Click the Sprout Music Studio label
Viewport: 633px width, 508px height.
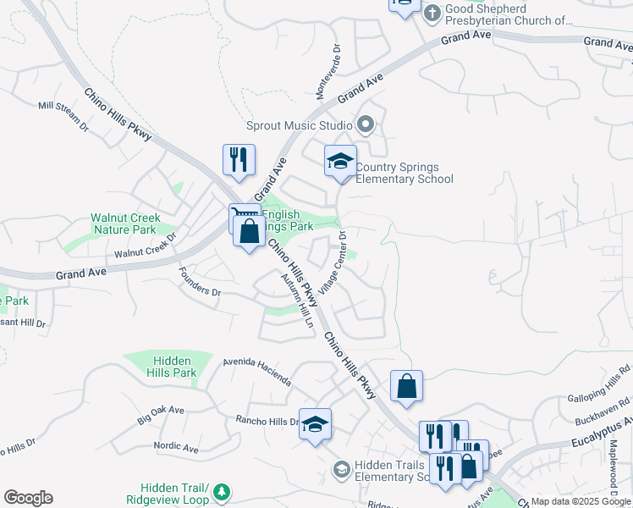[299, 125]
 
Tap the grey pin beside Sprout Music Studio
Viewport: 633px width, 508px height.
[366, 125]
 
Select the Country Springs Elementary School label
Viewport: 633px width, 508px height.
[404, 173]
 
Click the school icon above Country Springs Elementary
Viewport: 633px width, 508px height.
[340, 161]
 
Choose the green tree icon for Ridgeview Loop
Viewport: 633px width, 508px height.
[222, 492]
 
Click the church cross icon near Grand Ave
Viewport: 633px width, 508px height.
[431, 13]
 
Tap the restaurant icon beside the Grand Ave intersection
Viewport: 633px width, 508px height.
[239, 158]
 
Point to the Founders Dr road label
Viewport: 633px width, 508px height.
[200, 282]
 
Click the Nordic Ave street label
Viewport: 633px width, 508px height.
[175, 445]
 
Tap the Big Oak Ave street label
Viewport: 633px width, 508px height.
[160, 414]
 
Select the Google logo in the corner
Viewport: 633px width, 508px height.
[28, 498]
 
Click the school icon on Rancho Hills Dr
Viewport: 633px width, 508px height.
[315, 423]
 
